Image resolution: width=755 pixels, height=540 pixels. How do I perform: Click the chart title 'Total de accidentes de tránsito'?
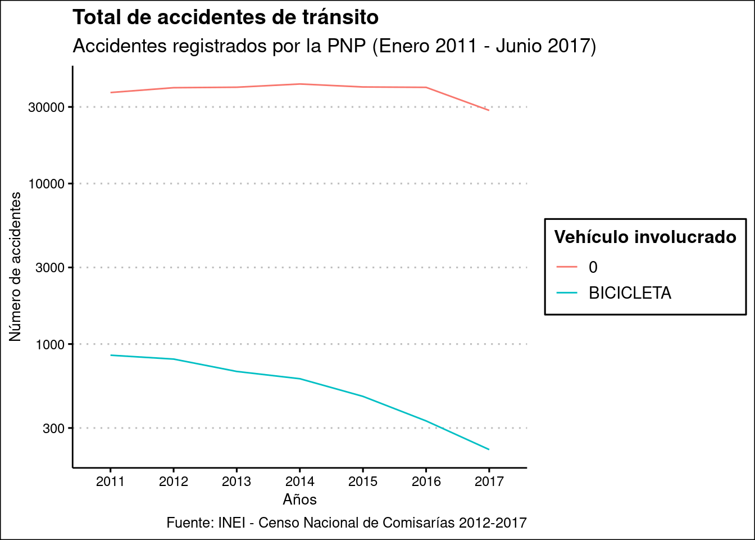point(225,17)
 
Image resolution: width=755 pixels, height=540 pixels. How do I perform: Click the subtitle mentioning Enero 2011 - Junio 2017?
point(334,46)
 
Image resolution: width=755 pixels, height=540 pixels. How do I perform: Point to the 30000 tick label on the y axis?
point(46,107)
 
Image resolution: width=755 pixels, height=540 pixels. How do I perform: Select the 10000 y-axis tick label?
point(46,184)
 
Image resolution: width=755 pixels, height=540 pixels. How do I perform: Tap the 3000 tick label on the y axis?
point(49,268)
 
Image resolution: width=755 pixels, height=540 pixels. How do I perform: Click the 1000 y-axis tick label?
point(49,344)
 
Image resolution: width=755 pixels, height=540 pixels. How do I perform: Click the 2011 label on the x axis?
point(110,481)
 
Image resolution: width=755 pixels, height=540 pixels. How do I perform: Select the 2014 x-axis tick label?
point(300,481)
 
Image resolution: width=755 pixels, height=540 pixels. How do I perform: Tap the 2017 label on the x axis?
point(489,481)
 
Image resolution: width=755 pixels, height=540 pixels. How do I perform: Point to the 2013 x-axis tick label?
point(236,481)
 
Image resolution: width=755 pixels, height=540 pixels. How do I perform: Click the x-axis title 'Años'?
point(300,499)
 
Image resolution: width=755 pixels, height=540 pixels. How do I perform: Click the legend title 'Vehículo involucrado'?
point(645,237)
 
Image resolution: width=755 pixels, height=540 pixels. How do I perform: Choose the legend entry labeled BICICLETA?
point(630,293)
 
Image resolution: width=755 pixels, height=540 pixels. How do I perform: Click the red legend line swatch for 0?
point(567,267)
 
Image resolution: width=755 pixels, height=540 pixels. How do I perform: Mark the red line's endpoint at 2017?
point(489,110)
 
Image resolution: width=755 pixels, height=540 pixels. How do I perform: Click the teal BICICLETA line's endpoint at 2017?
point(489,449)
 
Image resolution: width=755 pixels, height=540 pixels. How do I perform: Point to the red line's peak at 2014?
point(300,84)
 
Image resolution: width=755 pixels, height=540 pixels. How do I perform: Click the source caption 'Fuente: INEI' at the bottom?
point(347,523)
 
